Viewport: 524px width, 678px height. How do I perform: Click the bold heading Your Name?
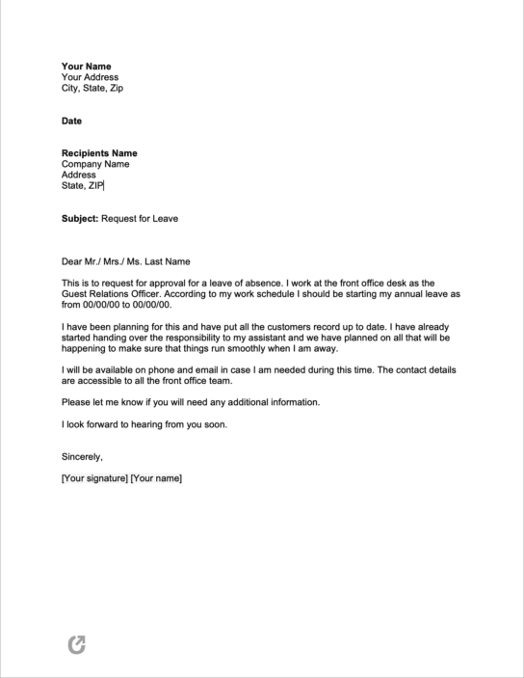pos(87,67)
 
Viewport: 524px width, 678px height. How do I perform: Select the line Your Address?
pos(91,77)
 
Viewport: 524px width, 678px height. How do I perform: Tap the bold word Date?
pos(71,121)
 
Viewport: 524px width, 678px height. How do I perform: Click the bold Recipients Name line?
pos(99,153)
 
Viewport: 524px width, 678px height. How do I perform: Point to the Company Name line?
pos(95,164)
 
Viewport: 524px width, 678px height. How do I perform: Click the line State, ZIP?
pos(82,186)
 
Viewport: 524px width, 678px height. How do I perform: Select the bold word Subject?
pos(80,219)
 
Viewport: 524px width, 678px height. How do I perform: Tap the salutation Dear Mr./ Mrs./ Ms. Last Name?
pos(126,261)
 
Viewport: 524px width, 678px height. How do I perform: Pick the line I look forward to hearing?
pos(144,424)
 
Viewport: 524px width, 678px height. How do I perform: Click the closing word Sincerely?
pos(82,456)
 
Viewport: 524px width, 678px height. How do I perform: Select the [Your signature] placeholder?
pos(93,478)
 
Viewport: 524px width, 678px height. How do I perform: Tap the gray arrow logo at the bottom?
pos(76,644)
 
